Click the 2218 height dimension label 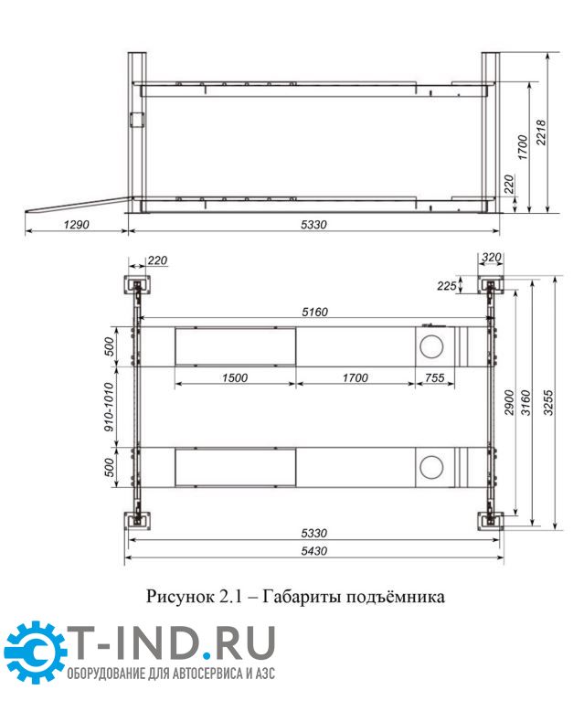pos(541,133)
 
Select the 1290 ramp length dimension pos(76,224)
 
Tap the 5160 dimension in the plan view pos(314,312)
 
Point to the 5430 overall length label pos(314,551)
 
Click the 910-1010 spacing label pos(110,407)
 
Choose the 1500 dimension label pos(235,377)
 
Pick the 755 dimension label pos(434,377)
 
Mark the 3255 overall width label pos(548,403)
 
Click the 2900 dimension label pos(509,403)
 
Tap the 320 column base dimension pos(491,258)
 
